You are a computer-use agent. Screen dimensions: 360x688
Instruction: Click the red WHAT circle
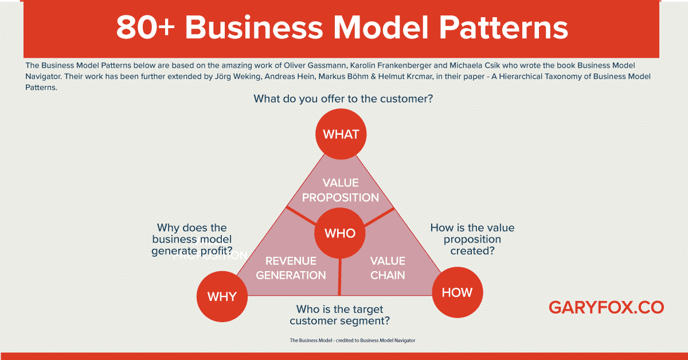341,134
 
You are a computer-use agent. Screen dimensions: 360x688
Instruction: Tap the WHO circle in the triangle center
340,233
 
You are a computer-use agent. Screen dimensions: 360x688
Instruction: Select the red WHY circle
222,296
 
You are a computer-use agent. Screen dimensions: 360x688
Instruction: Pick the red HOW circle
457,292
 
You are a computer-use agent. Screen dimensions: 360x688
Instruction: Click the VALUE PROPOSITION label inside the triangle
341,190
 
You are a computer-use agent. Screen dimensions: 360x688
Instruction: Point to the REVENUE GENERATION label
291,268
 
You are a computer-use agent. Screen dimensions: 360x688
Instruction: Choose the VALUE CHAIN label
388,268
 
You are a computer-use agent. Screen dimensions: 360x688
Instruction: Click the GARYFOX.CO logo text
606,307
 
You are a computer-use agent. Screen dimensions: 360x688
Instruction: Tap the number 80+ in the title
146,29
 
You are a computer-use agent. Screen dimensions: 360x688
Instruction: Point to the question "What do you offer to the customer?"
343,99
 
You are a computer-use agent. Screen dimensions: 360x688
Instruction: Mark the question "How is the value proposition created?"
472,239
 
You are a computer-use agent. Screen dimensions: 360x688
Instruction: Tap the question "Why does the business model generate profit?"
192,239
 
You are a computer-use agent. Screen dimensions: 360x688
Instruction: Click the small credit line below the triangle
352,340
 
